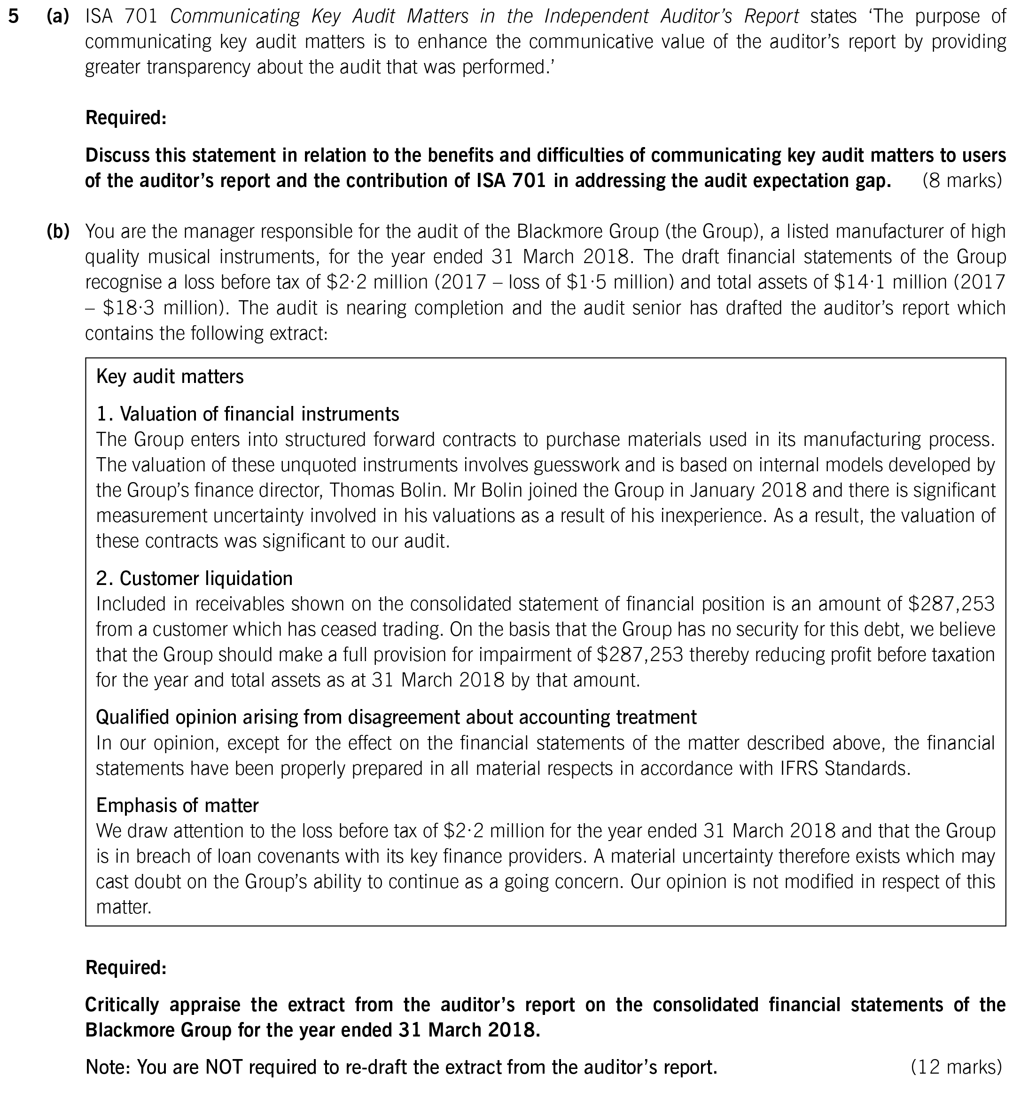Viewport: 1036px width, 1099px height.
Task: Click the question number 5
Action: click(14, 16)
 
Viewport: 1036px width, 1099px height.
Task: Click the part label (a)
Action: click(57, 16)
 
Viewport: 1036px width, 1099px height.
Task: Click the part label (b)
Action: click(57, 231)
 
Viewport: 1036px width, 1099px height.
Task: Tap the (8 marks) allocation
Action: click(962, 181)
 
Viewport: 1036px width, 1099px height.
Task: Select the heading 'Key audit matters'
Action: click(169, 376)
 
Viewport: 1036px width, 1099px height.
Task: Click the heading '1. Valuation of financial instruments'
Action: click(247, 413)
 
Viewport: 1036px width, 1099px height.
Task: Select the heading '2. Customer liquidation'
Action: click(194, 578)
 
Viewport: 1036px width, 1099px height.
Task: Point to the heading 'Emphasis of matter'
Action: click(177, 805)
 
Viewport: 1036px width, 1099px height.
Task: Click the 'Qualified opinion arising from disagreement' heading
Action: click(396, 717)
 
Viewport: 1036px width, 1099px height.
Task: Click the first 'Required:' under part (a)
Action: click(125, 118)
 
